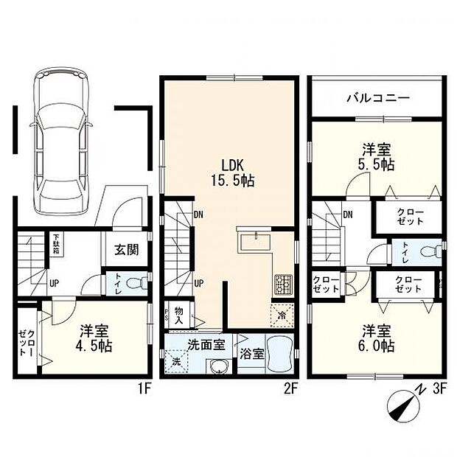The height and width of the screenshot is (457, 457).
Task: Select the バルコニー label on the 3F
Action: [x=377, y=98]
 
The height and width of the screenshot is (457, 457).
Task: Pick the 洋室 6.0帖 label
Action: [x=377, y=338]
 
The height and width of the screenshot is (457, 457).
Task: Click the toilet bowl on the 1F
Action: [x=133, y=283]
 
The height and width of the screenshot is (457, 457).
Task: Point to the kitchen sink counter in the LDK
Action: [x=254, y=243]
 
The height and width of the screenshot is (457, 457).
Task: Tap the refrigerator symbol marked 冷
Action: [x=282, y=314]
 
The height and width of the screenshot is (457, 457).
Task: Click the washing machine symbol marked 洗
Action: [x=177, y=362]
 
